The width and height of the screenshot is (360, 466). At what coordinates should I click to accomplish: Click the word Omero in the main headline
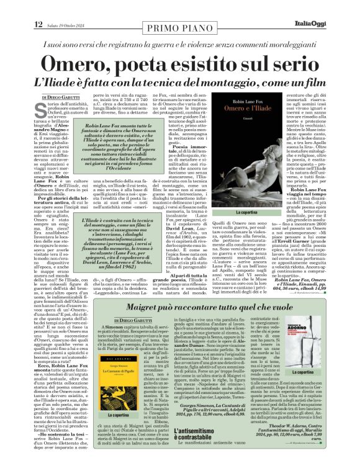(x=79, y=64)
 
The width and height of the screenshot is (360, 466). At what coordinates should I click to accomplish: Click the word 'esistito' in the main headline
(x=213, y=64)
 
